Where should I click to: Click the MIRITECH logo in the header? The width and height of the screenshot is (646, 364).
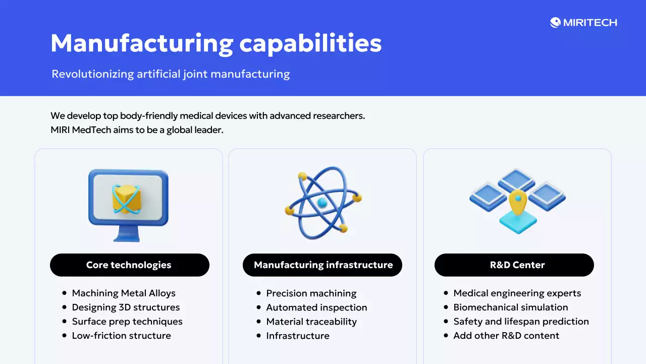coord(583,22)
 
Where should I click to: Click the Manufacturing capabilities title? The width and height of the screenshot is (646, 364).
coord(216,43)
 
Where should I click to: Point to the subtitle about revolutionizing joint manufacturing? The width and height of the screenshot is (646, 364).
coord(171,74)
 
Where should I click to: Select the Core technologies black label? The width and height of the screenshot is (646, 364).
coord(129,265)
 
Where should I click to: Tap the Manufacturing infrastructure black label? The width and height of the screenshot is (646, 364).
coord(322,265)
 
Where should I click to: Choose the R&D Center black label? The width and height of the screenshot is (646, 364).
coord(514,265)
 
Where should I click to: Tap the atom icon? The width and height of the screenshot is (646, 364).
coord(323,202)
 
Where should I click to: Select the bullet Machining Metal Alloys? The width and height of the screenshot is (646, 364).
coord(124,293)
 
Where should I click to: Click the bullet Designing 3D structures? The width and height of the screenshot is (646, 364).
coord(126,307)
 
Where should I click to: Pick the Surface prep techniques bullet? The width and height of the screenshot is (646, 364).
coord(127,322)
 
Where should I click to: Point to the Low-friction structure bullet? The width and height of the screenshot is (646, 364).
coord(121,336)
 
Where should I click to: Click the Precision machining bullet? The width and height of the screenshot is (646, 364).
coord(311,293)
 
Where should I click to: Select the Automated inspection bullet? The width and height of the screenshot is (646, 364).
coord(316,307)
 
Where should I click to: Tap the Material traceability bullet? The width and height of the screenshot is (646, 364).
coord(311,322)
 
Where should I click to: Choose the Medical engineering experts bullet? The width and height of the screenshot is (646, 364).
coord(517,293)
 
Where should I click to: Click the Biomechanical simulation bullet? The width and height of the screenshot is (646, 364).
coord(510,307)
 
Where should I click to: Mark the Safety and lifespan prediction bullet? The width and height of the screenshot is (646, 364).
coord(521,322)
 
